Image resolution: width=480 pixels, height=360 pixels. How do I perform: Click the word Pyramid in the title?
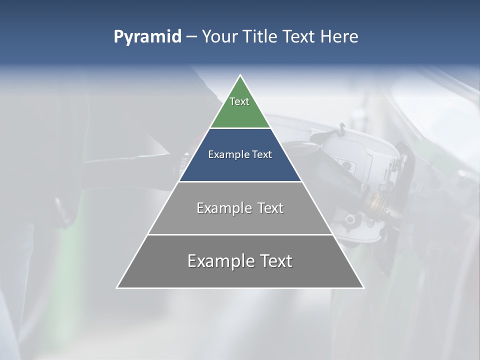(x=147, y=37)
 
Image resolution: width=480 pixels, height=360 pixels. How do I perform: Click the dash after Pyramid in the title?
(x=191, y=37)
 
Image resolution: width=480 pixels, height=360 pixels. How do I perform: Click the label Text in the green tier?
(x=239, y=101)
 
